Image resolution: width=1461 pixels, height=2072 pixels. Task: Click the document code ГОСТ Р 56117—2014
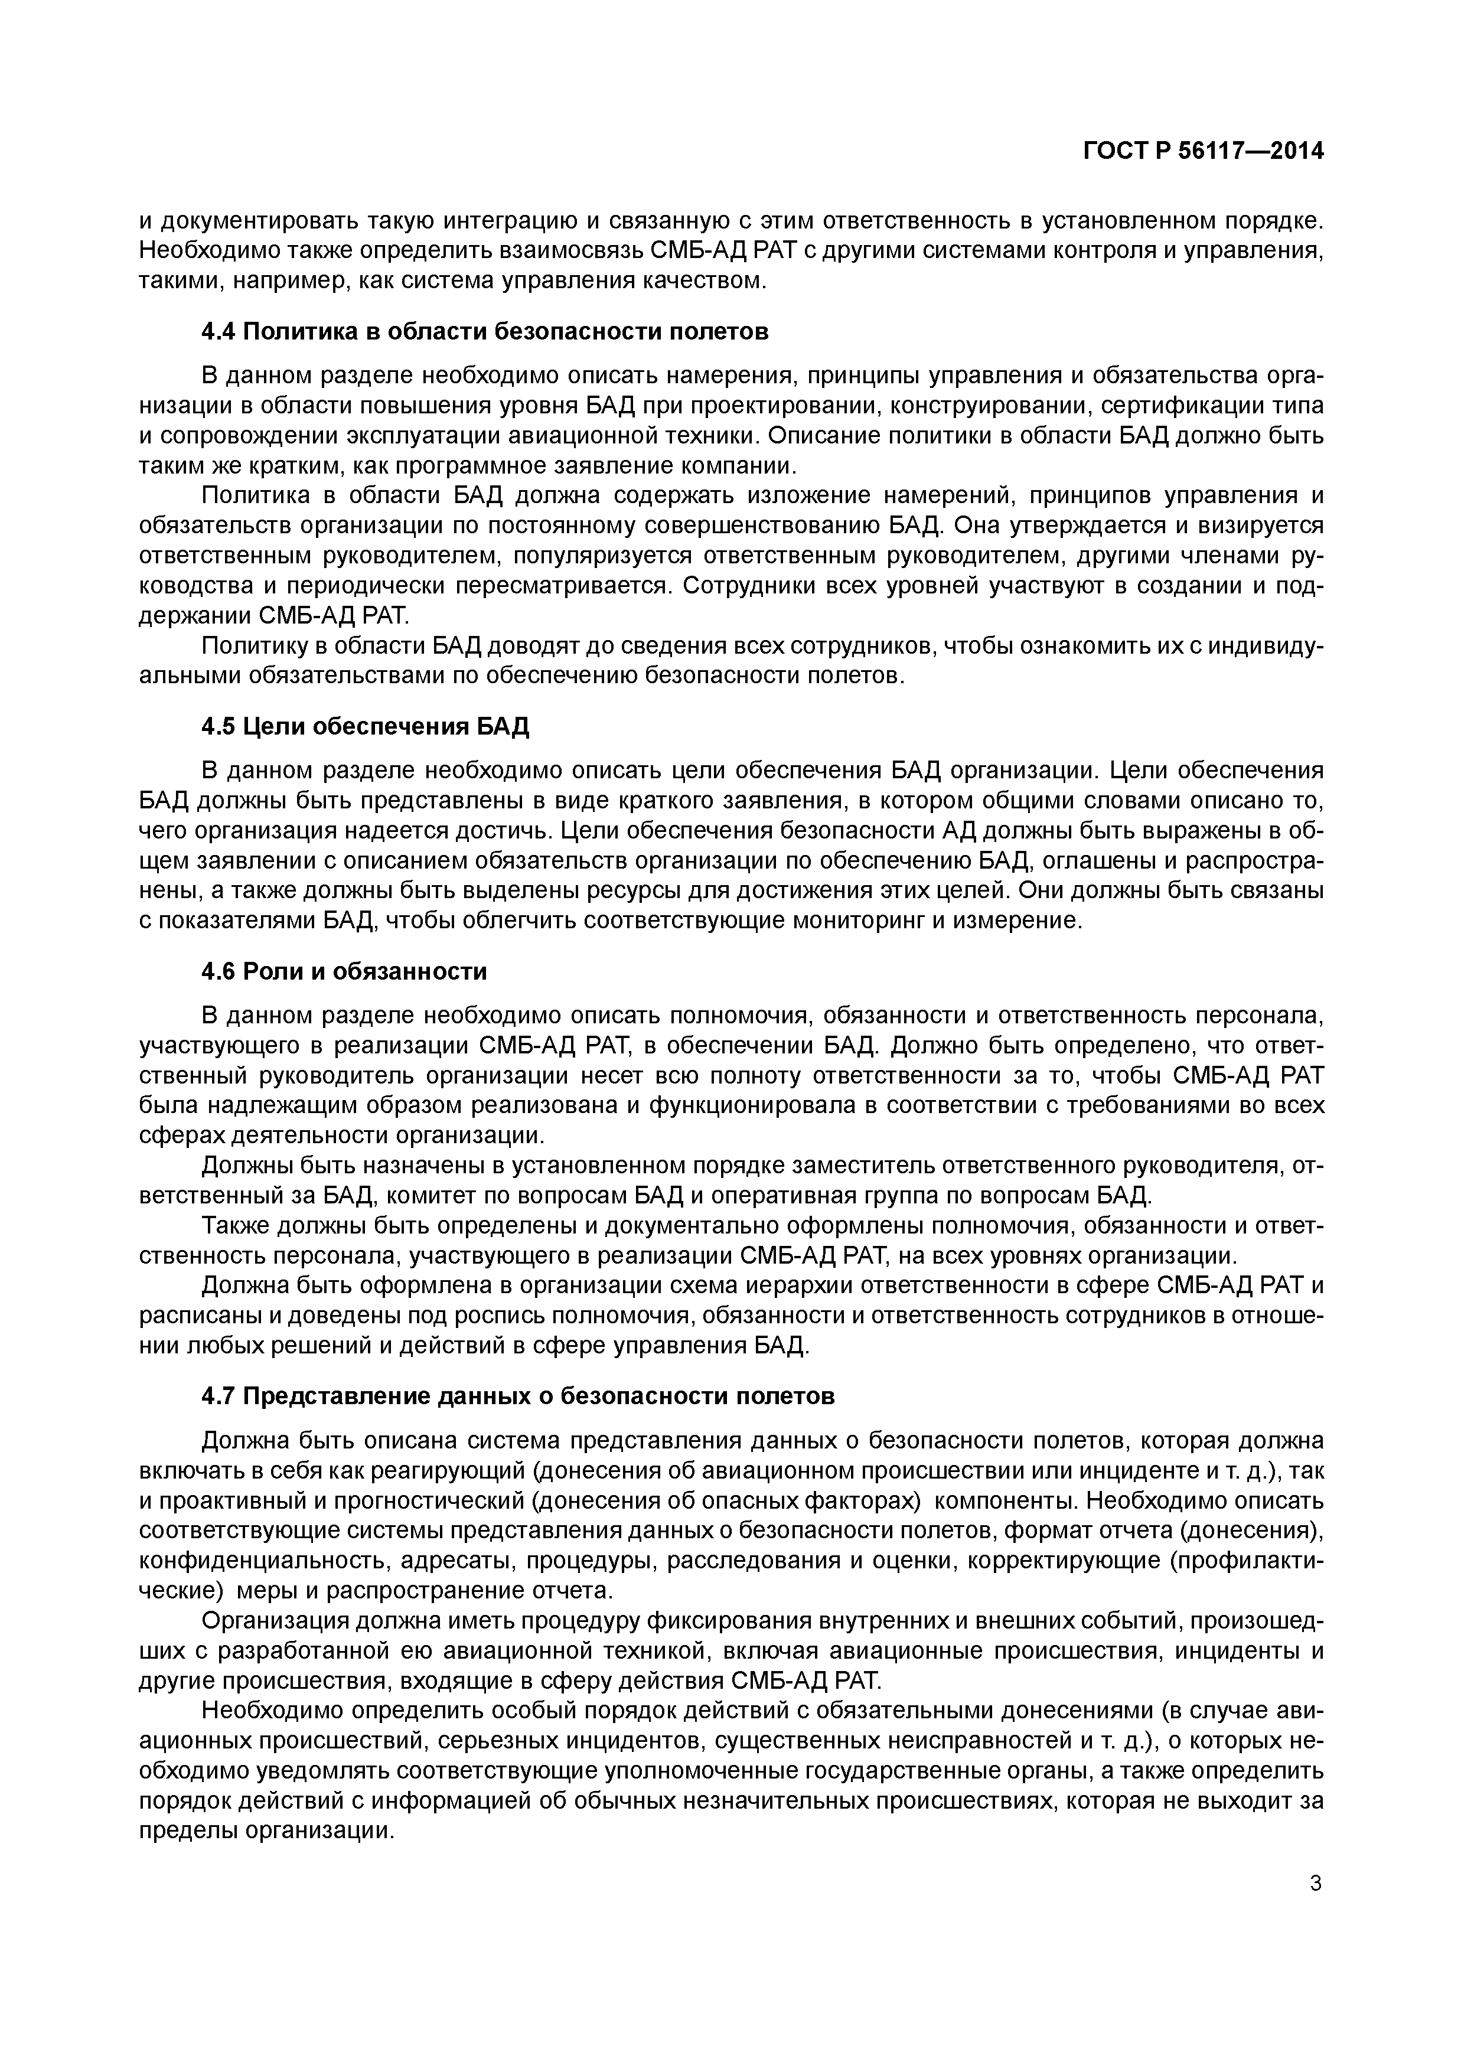pos(1203,152)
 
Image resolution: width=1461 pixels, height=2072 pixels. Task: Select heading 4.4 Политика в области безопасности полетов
pos(485,331)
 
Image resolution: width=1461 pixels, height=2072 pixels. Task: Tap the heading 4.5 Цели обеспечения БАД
pos(364,726)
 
